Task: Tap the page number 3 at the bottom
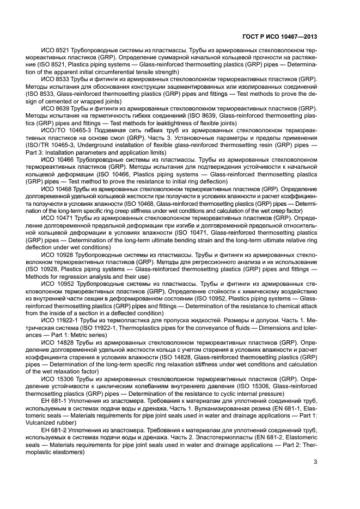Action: point(316,463)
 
